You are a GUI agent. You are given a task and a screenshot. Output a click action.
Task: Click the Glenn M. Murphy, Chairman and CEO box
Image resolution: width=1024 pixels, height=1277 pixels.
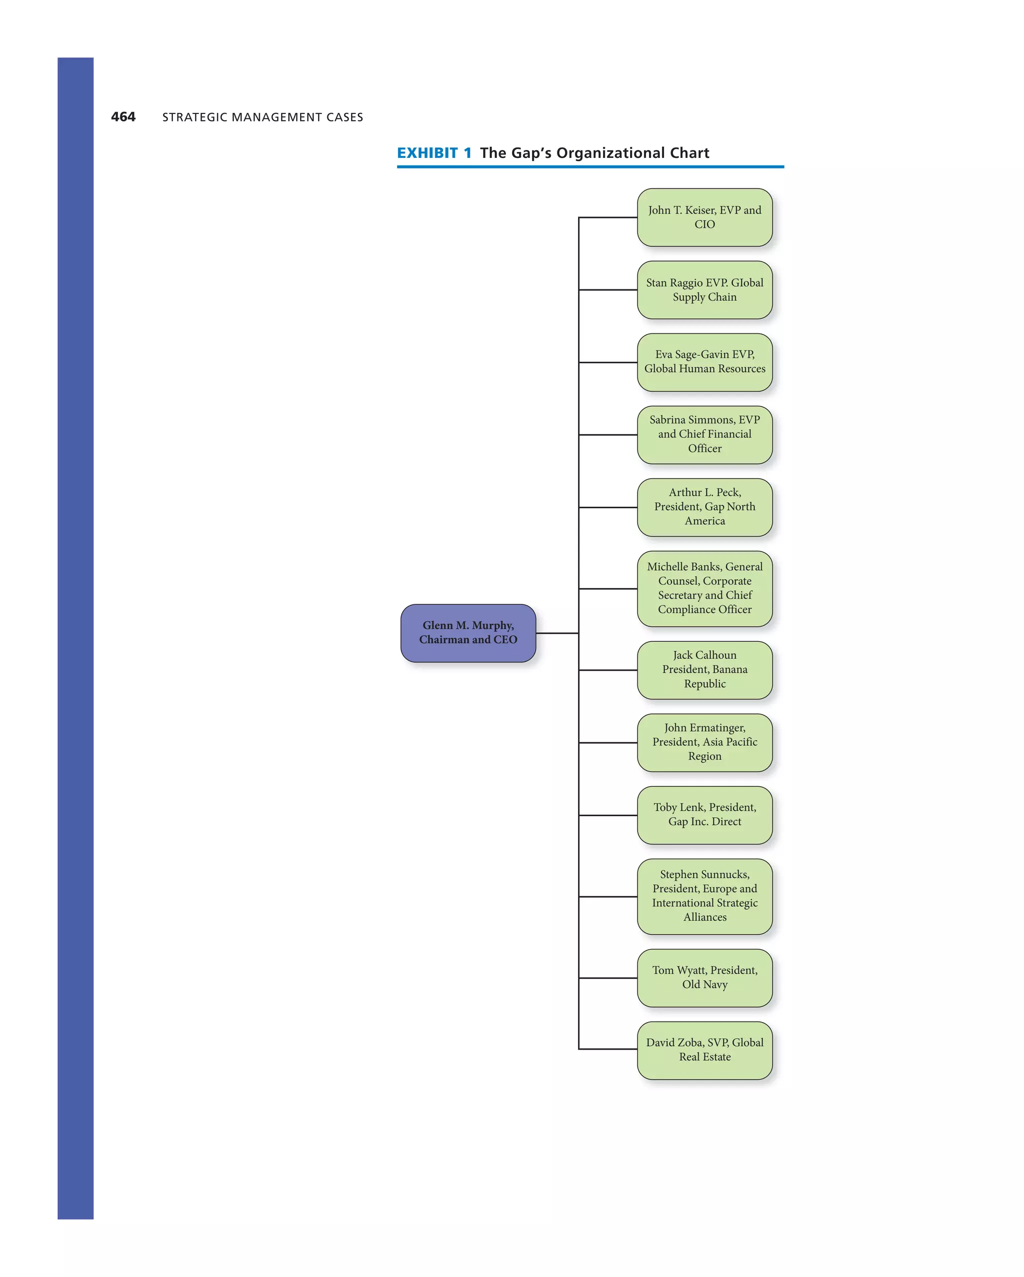point(468,633)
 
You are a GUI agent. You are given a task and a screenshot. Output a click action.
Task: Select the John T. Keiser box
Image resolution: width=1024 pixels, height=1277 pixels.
point(704,217)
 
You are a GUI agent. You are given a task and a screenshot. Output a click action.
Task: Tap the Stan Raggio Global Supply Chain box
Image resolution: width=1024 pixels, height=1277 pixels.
point(704,289)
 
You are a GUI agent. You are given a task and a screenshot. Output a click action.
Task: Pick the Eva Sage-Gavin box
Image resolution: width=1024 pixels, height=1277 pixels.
point(704,362)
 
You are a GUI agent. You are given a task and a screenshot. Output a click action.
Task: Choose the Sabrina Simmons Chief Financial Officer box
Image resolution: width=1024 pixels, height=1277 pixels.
point(704,434)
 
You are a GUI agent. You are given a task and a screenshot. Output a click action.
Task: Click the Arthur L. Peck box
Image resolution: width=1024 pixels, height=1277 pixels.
point(704,507)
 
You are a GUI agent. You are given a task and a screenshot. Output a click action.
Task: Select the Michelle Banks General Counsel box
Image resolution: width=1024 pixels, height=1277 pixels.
point(704,588)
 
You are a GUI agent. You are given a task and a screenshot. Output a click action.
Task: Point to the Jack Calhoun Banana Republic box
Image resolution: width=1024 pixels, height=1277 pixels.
point(704,670)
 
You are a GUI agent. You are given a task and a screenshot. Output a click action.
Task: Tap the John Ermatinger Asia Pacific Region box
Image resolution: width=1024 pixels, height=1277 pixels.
point(704,742)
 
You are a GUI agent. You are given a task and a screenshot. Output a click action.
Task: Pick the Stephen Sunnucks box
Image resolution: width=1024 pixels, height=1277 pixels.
point(704,896)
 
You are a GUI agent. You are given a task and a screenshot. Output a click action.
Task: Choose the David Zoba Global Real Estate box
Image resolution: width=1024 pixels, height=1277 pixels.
point(704,1050)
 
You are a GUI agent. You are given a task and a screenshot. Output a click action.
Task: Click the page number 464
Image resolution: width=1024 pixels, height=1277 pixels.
point(123,116)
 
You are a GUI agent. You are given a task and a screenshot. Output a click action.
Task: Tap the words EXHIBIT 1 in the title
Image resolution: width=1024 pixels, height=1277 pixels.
point(434,153)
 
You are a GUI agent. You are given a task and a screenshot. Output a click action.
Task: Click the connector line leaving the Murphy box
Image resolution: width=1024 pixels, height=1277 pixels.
point(557,633)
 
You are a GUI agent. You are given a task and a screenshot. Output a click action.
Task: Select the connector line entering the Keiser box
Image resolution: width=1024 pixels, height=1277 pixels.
point(608,217)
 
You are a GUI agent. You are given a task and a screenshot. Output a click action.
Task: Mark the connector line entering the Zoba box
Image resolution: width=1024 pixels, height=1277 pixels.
point(608,1049)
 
